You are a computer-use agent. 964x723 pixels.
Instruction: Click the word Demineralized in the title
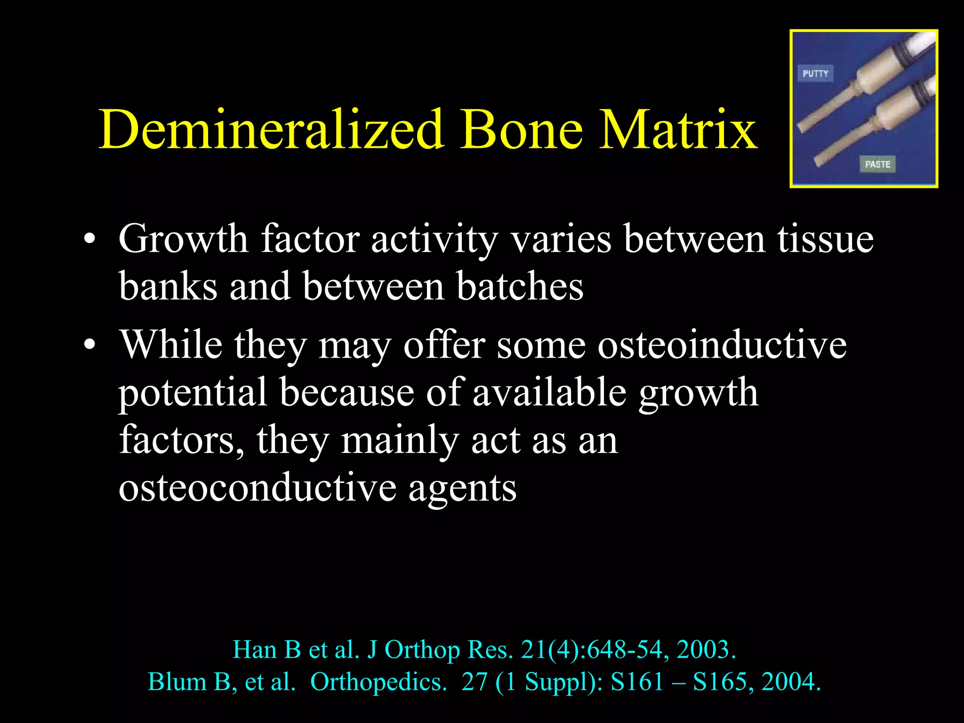pyautogui.click(x=271, y=129)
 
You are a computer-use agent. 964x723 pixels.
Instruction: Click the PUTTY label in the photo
pyautogui.click(x=815, y=73)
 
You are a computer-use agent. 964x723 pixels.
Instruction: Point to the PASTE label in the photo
pyautogui.click(x=877, y=164)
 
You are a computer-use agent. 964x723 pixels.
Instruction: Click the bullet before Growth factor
pyautogui.click(x=89, y=240)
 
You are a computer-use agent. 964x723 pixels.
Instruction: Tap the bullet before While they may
pyautogui.click(x=89, y=346)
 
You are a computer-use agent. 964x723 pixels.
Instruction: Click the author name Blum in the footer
pyautogui.click(x=177, y=682)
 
